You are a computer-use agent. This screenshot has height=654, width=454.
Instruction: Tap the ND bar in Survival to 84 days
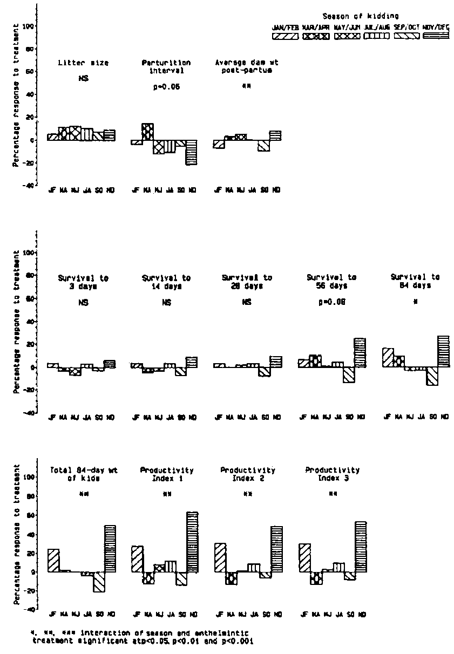pyautogui.click(x=444, y=351)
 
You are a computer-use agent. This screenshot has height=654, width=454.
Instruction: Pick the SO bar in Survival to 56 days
pyautogui.click(x=349, y=374)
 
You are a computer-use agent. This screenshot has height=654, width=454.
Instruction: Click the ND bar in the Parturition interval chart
pyautogui.click(x=192, y=152)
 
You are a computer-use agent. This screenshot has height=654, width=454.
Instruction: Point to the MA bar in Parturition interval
pyautogui.click(x=147, y=132)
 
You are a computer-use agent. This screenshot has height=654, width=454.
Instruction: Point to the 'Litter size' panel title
pyautogui.click(x=83, y=63)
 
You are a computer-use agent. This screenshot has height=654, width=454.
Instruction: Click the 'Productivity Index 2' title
pyautogui.click(x=248, y=474)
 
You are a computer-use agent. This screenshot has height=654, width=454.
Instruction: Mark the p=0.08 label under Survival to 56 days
pyautogui.click(x=330, y=302)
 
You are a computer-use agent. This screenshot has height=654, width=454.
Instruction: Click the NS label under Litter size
pyautogui.click(x=83, y=79)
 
